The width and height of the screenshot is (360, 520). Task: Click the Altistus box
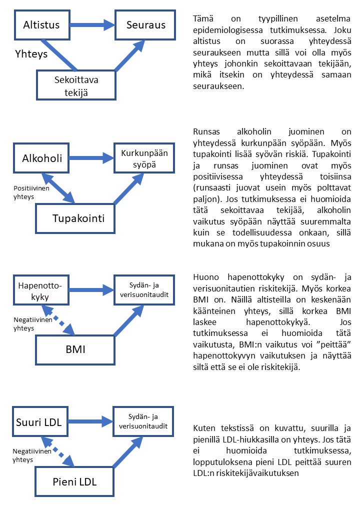(x=41, y=24)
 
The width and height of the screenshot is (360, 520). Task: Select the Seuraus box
(x=145, y=24)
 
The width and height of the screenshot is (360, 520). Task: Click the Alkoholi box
(x=42, y=158)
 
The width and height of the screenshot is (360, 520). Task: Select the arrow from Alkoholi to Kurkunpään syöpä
(x=92, y=158)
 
